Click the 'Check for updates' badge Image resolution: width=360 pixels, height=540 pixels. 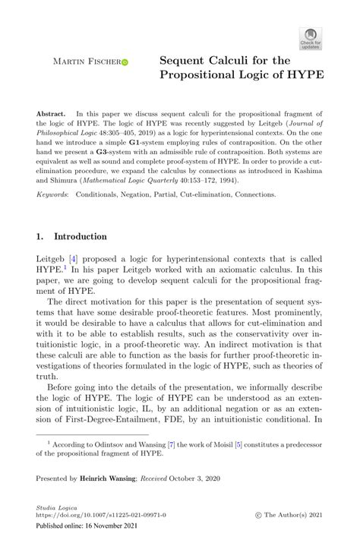click(311, 39)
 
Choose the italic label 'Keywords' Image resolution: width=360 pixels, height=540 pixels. click(52, 195)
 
